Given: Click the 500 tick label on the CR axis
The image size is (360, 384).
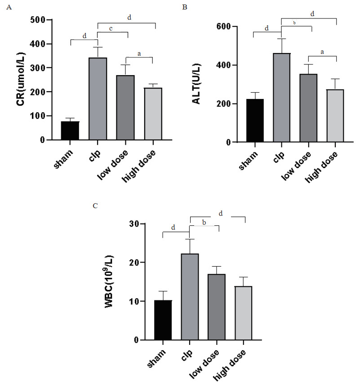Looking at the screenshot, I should (39, 20).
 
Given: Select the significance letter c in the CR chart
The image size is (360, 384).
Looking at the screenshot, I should (112, 28).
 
